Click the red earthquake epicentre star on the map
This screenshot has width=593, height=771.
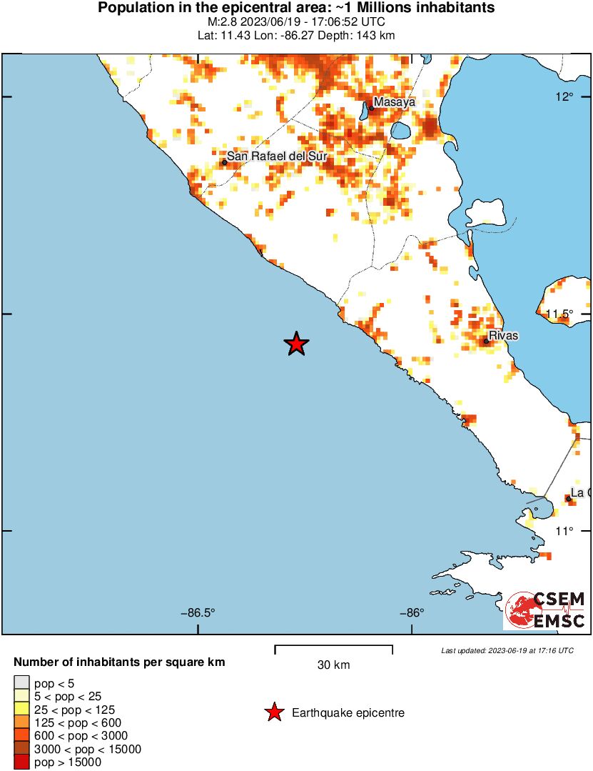click(296, 344)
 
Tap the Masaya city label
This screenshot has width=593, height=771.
click(394, 102)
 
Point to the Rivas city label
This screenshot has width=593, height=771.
click(504, 336)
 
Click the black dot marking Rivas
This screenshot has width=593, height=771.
click(486, 341)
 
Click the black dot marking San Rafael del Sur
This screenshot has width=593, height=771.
click(224, 162)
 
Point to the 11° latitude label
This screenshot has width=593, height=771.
click(564, 530)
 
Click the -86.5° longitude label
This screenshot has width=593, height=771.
click(198, 612)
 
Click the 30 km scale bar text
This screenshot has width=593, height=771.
click(333, 665)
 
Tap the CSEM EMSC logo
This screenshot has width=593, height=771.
click(545, 610)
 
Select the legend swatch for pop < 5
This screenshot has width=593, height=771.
click(22, 683)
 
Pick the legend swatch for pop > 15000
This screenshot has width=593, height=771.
click(22, 762)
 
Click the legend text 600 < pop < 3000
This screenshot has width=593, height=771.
click(81, 736)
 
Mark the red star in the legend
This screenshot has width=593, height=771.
click(273, 712)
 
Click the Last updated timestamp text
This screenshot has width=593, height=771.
click(507, 651)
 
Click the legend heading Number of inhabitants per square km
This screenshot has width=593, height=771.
click(119, 662)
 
